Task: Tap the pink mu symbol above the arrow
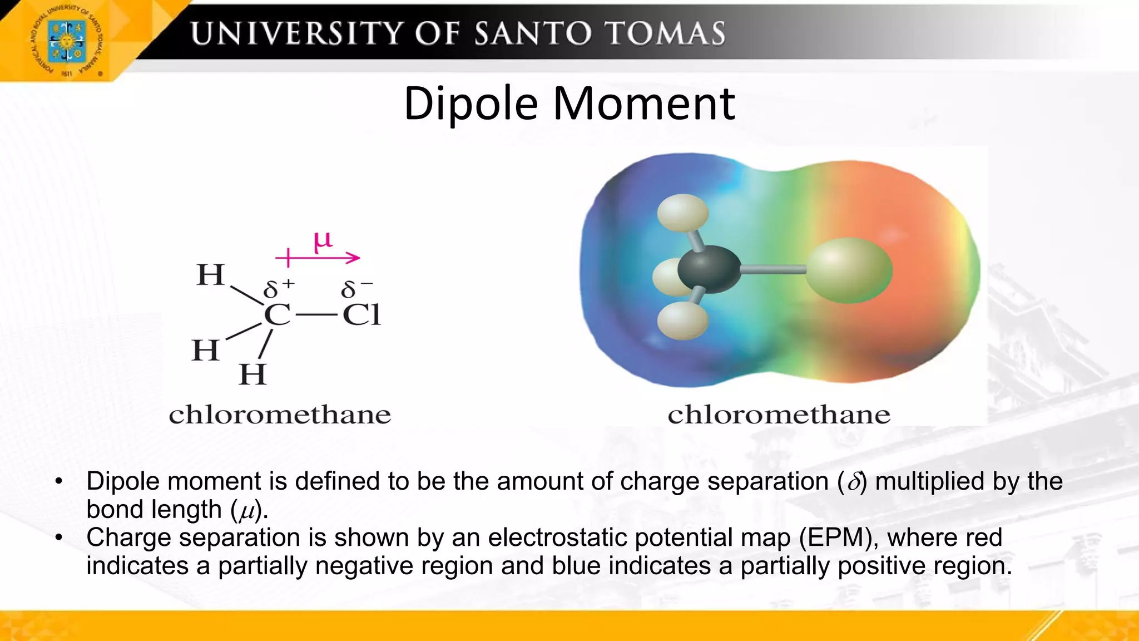[323, 241]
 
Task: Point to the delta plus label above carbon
[278, 288]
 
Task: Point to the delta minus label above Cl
[355, 288]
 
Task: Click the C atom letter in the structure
[277, 315]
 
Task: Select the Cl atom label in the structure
[361, 315]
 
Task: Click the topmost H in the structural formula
[210, 275]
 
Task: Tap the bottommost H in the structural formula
[252, 374]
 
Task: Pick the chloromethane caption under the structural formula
[280, 415]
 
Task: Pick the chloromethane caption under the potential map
[779, 415]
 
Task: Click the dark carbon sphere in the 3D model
[709, 269]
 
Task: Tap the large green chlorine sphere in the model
[849, 270]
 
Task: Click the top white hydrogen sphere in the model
[682, 213]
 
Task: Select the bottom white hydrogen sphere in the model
[682, 320]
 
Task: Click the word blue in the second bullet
[576, 566]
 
